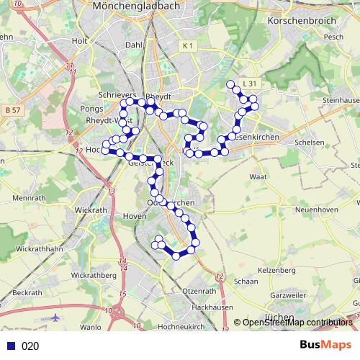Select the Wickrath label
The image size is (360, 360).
(90, 210)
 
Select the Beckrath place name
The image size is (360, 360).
(27, 293)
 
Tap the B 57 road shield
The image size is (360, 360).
(12, 109)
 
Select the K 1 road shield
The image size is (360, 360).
(188, 46)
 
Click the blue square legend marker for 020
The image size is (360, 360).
(9, 346)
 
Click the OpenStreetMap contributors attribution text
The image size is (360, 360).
(297, 323)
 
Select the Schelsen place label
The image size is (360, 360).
(310, 143)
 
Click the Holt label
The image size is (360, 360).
(79, 41)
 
